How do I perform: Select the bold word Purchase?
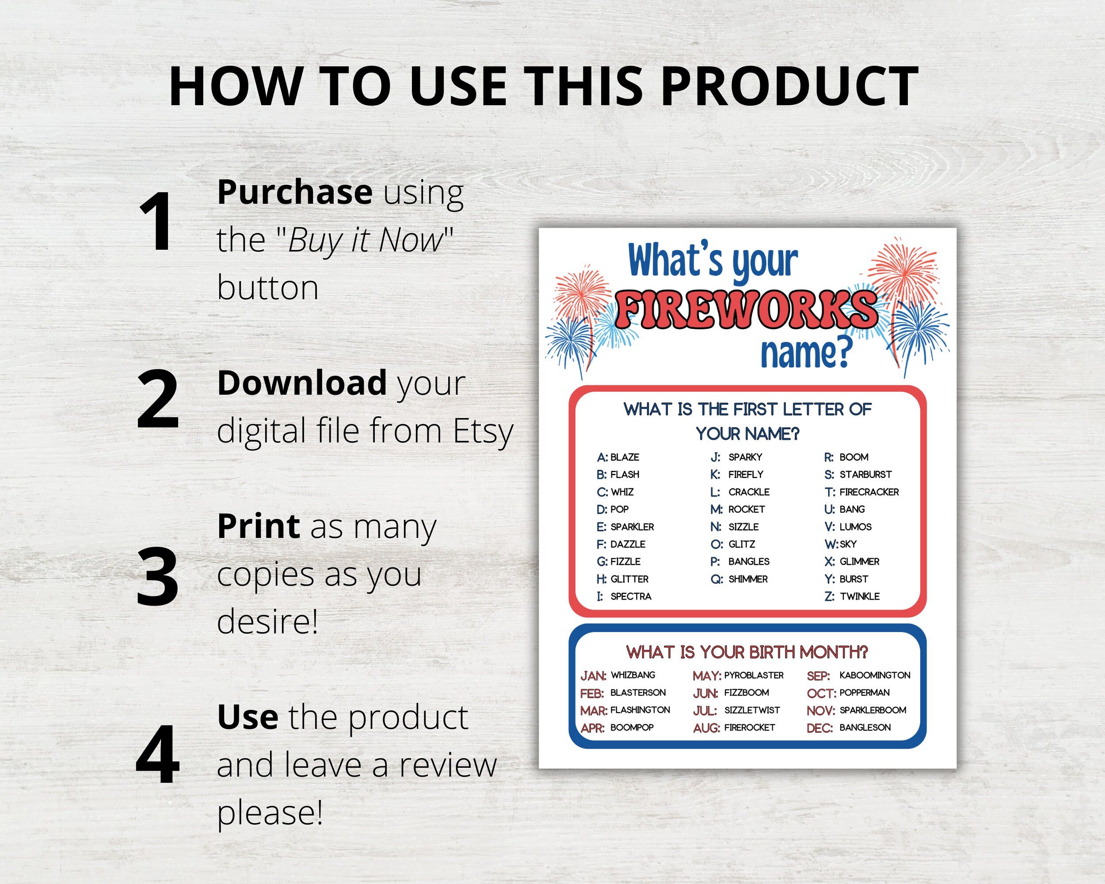[x=295, y=192]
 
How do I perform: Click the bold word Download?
[x=302, y=383]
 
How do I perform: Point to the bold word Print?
[x=258, y=526]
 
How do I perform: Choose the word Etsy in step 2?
[x=483, y=431]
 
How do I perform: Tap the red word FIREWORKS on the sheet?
[x=747, y=309]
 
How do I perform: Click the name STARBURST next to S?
[x=865, y=475]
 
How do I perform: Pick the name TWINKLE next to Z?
[x=860, y=597]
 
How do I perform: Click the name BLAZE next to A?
[x=625, y=457]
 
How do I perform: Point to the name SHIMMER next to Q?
[x=748, y=579]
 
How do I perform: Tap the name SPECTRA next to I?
[x=631, y=597]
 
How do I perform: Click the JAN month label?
[x=593, y=676]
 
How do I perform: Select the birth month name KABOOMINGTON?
[x=874, y=675]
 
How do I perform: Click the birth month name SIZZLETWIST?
[x=752, y=710]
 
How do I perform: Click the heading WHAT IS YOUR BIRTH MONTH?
[x=747, y=652]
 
